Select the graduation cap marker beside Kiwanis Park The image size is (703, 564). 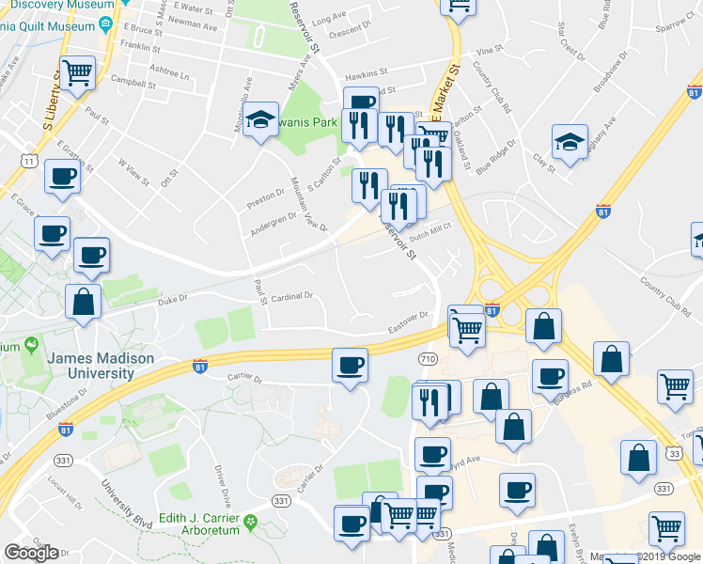click(x=260, y=118)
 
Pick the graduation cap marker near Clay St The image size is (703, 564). click(x=569, y=142)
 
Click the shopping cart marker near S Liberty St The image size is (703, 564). click(x=78, y=71)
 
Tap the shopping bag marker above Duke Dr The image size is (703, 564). click(x=84, y=302)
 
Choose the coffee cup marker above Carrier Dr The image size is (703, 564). click(x=351, y=365)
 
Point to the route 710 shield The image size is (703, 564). click(x=427, y=359)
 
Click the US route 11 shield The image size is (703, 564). click(x=31, y=163)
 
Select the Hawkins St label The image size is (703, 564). click(x=366, y=72)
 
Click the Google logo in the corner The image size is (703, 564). click(x=31, y=553)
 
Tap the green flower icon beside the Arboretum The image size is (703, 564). click(x=250, y=522)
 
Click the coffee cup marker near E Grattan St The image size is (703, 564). click(x=63, y=176)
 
